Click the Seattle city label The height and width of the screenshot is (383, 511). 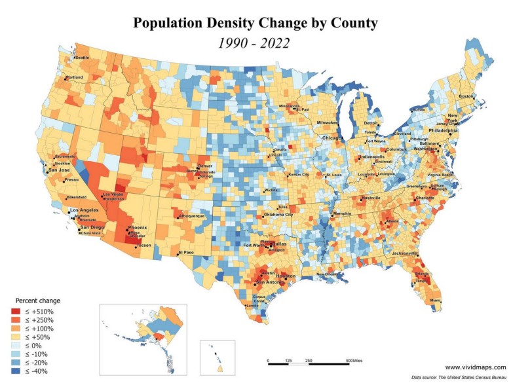[x=83, y=58]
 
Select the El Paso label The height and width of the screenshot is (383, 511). [x=187, y=252]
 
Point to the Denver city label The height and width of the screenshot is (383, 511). [x=206, y=166]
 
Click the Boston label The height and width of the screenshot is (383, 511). [x=466, y=97]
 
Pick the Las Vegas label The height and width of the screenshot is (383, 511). [x=113, y=194]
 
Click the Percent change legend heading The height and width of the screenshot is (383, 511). [x=35, y=301]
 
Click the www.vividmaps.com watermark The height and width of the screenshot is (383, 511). [x=476, y=367]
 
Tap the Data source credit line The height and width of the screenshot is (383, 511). [x=459, y=378]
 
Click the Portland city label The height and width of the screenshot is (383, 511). [x=75, y=78]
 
